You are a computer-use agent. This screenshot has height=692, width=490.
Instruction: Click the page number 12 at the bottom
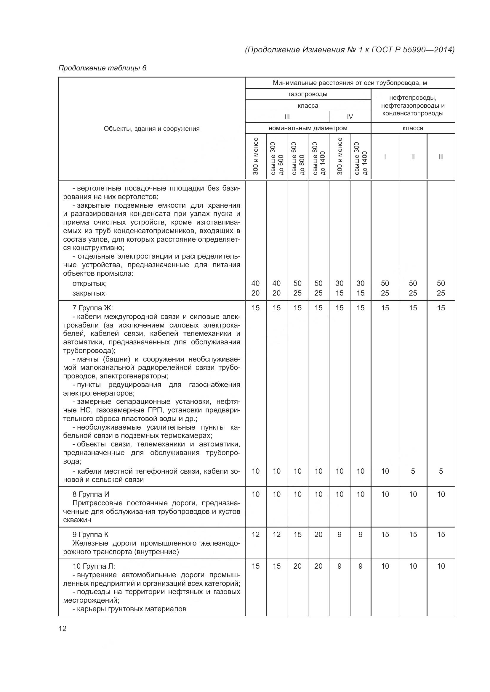click(63, 628)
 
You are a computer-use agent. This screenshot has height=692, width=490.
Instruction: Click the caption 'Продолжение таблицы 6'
click(102, 68)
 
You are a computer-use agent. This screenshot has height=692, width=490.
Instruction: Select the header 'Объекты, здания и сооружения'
click(151, 129)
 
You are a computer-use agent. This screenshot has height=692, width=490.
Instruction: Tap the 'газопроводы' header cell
click(308, 94)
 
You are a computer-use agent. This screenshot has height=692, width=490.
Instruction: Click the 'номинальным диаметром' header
click(308, 128)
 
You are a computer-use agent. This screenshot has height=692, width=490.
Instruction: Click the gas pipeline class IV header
click(350, 117)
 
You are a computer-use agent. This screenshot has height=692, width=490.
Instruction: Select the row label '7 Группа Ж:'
click(92, 308)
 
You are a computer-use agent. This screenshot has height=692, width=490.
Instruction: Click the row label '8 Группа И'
click(91, 494)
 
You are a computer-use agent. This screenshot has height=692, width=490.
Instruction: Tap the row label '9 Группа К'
click(91, 535)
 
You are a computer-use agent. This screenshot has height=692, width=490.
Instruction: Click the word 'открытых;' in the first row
click(89, 283)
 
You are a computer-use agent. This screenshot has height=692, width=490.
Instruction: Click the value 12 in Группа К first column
click(255, 534)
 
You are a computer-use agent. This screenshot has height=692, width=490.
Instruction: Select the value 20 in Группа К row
click(318, 534)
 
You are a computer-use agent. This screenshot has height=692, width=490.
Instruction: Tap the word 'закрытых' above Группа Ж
click(89, 293)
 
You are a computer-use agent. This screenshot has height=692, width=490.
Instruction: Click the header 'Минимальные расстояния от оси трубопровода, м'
click(350, 83)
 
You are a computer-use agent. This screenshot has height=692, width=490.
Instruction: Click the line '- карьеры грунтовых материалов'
click(129, 609)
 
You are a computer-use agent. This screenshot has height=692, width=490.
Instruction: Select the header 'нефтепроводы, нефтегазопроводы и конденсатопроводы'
click(413, 106)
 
